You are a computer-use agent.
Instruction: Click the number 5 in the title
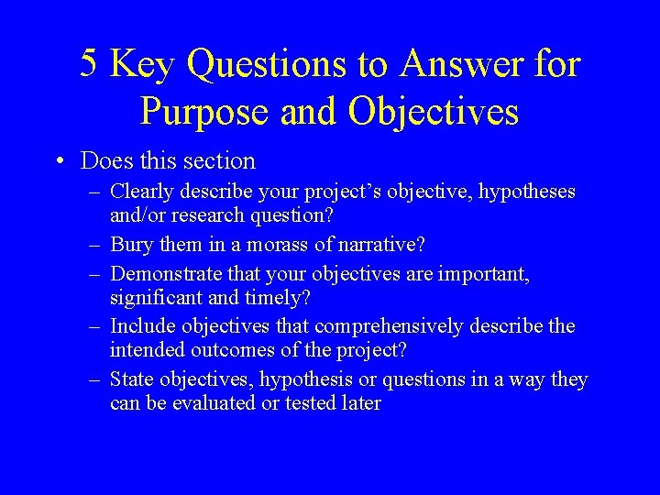[x=89, y=64]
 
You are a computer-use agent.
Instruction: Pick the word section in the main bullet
[x=218, y=160]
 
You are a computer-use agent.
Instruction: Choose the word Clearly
[x=142, y=192]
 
